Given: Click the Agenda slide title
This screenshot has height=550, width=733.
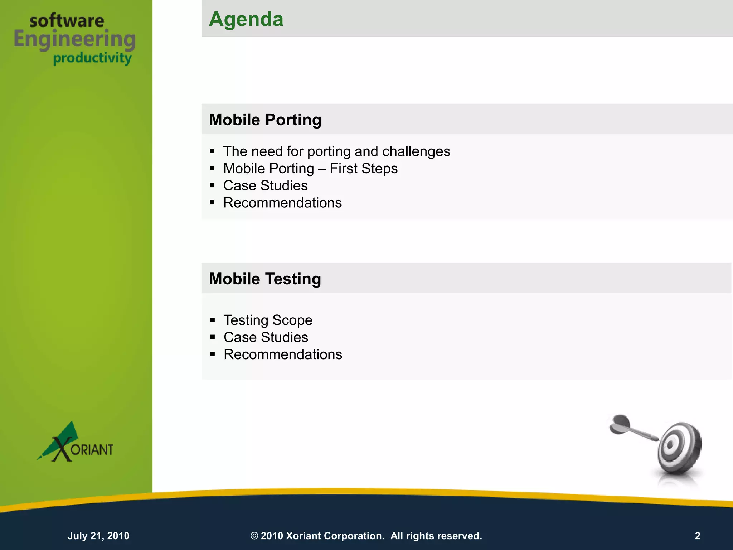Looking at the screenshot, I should [246, 19].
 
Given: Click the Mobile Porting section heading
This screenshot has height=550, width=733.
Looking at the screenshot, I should [265, 120].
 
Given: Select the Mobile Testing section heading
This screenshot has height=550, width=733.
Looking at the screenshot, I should [265, 279].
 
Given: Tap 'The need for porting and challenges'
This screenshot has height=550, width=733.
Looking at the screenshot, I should [336, 151].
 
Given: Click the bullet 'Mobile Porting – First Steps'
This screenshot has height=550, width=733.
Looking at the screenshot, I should [310, 169].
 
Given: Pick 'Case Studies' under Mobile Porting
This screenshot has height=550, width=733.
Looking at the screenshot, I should [265, 186].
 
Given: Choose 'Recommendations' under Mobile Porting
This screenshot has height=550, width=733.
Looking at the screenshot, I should [282, 203].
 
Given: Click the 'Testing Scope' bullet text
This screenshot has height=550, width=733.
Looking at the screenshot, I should [268, 320].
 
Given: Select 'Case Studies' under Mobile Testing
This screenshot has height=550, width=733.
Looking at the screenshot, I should [266, 337].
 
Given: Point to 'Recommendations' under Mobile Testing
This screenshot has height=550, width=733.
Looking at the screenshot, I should [283, 354].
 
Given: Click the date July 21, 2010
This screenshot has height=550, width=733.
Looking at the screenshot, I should [98, 536].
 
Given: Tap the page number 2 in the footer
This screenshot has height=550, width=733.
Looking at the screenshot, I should [697, 536].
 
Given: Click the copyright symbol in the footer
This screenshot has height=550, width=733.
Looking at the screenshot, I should [254, 536].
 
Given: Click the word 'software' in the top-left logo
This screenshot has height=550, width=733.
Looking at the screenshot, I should [67, 21].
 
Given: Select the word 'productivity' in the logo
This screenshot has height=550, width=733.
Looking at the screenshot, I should [92, 58].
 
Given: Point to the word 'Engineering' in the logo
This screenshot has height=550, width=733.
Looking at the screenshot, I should [75, 39].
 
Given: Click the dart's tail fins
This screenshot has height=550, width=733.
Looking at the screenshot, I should [619, 424].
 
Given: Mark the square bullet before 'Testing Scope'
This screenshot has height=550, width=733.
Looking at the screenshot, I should [213, 320].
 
